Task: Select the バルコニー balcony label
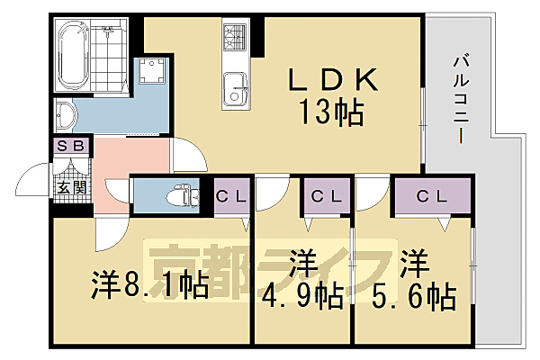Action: tap(458, 98)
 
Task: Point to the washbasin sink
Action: tap(65, 115)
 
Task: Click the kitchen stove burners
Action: tap(236, 39)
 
